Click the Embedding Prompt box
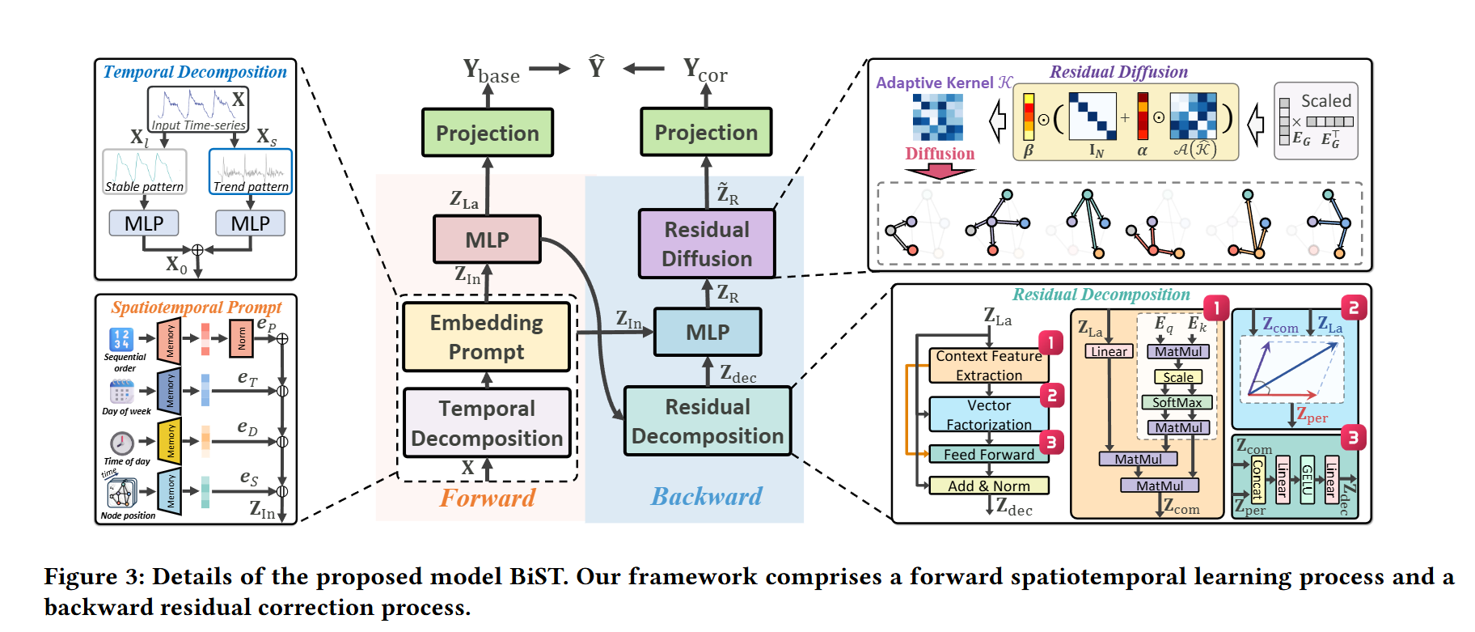point(487,337)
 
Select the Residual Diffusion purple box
point(707,244)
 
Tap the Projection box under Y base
point(488,133)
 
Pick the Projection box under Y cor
point(706,132)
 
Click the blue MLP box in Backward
point(708,332)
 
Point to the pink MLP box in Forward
point(487,240)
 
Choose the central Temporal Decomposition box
point(487,423)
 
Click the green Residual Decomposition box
point(708,422)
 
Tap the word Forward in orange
point(488,498)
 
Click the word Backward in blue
point(707,496)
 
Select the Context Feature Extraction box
point(988,366)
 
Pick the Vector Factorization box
point(988,414)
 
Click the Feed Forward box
point(988,455)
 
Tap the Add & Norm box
point(988,486)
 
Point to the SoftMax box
point(1177,402)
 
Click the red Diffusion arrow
point(940,171)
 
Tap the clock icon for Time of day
point(122,442)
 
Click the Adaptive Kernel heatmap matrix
point(938,117)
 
